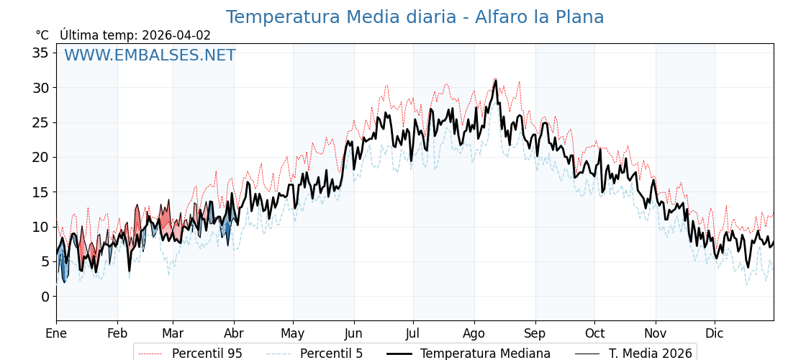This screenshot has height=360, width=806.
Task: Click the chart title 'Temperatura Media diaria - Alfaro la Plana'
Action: pyautogui.click(x=415, y=17)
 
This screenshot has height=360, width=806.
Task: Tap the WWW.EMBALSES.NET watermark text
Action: pyautogui.click(x=150, y=55)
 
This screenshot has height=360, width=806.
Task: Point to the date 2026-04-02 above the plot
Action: pyautogui.click(x=176, y=35)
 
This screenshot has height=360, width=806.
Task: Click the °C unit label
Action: pyautogui.click(x=42, y=35)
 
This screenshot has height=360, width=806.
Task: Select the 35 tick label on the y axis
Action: pyautogui.click(x=40, y=53)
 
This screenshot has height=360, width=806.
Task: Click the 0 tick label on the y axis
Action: pyautogui.click(x=45, y=296)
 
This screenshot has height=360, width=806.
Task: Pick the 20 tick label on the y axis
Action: pyautogui.click(x=40, y=157)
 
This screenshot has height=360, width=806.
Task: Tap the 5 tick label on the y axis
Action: pyautogui.click(x=45, y=261)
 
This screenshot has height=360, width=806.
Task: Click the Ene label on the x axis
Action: pyautogui.click(x=56, y=333)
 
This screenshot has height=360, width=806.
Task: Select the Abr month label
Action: pyautogui.click(x=234, y=333)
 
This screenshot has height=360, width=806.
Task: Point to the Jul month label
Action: pyautogui.click(x=413, y=333)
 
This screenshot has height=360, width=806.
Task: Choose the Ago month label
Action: pyautogui.click(x=474, y=333)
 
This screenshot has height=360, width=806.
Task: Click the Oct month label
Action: pyautogui.click(x=594, y=333)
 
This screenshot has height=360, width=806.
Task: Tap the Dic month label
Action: pyautogui.click(x=715, y=333)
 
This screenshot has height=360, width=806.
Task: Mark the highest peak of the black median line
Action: pyautogui.click(x=496, y=81)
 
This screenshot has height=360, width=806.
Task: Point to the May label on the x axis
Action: pyautogui.click(x=293, y=333)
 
